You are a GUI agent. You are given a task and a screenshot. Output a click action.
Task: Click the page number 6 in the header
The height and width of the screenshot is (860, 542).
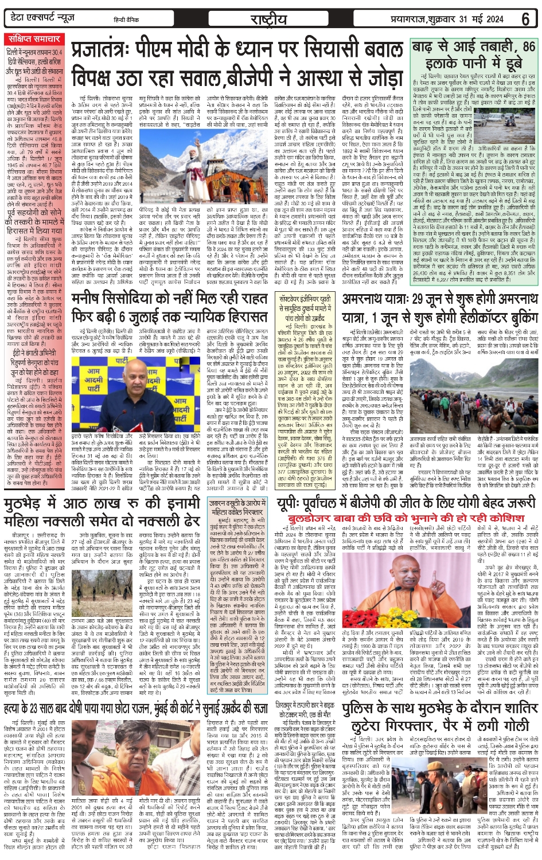[x=525, y=18]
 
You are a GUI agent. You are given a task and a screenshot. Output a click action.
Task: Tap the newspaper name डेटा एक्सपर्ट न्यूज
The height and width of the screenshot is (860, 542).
[x=44, y=18]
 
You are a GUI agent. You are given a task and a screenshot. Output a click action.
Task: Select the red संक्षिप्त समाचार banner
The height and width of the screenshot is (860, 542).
[x=34, y=39]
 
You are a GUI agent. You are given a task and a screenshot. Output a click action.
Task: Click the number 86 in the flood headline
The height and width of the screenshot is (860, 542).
[x=528, y=46]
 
